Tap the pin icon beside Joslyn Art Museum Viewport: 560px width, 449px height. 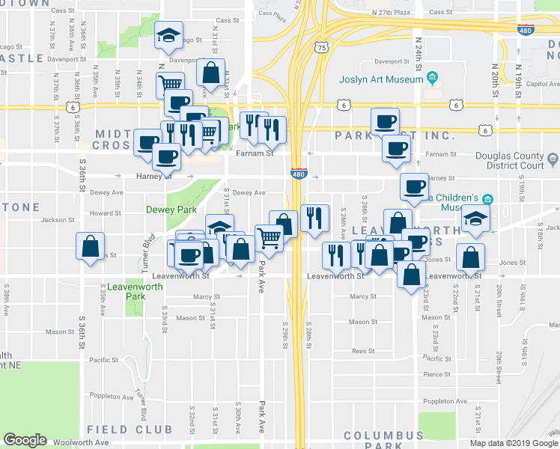pyautogui.click(x=432, y=77)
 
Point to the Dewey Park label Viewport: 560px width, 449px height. pyautogui.click(x=171, y=210)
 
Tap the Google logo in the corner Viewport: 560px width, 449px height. pyautogui.click(x=25, y=440)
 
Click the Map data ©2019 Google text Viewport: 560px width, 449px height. pyautogui.click(x=512, y=443)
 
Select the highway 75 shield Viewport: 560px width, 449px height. pyautogui.click(x=321, y=47)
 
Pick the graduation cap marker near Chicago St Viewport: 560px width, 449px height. pyautogui.click(x=168, y=34)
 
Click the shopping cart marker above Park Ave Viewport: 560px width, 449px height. pyautogui.click(x=269, y=239)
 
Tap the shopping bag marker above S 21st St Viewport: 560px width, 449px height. pyautogui.click(x=471, y=258)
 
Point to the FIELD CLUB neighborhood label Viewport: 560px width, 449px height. pyautogui.click(x=130, y=430)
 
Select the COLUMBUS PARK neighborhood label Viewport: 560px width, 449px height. pyautogui.click(x=383, y=440)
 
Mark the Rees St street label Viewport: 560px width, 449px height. pyautogui.click(x=362, y=351)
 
